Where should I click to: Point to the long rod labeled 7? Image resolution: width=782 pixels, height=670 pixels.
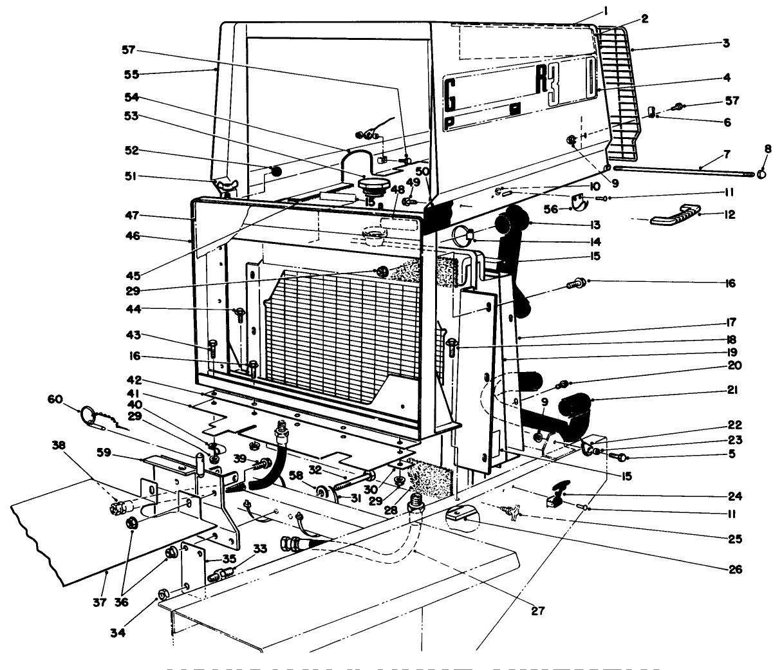tap(682, 171)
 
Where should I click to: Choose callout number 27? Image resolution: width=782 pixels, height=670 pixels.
tap(537, 611)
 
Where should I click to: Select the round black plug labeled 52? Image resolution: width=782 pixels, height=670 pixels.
tap(276, 172)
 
